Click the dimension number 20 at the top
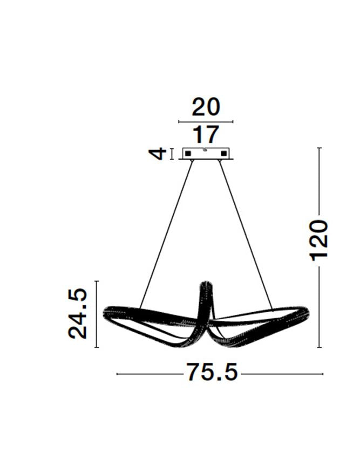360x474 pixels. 206,107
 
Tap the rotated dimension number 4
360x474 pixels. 157,154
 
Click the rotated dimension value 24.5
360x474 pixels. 78,313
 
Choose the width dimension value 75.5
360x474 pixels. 212,372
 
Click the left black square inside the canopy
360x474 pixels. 188,154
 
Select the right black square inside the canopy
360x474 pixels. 223,154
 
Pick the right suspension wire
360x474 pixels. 246,232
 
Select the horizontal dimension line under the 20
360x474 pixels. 206,122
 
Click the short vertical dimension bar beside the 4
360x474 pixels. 172,154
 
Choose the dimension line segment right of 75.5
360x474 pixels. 281,374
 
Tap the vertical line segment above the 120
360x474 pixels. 320,181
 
